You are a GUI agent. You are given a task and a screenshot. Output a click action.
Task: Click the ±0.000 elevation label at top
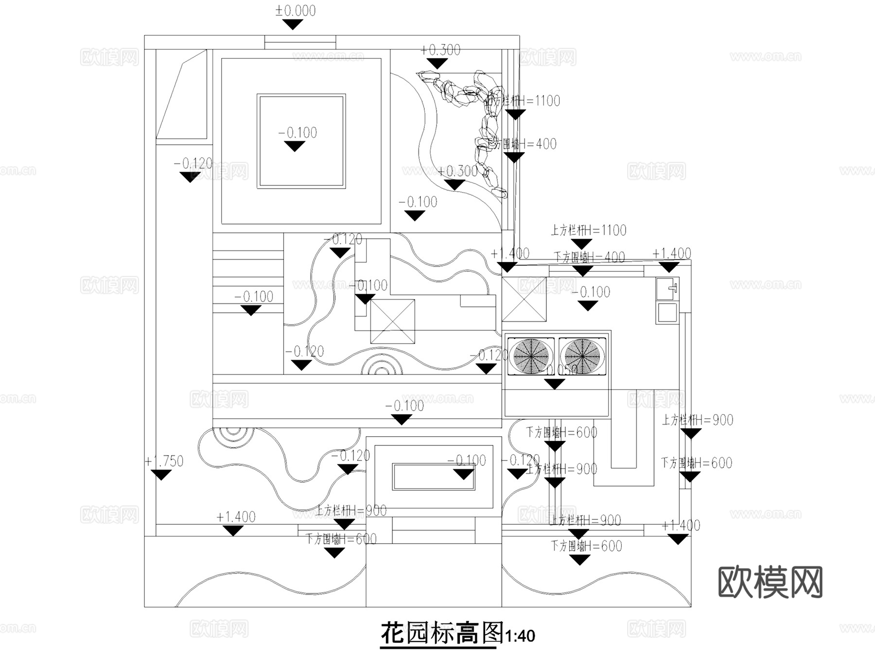click(x=295, y=11)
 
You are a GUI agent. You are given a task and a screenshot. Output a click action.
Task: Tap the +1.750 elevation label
click(x=164, y=461)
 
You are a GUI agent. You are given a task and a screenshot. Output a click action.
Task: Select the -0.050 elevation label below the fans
click(x=559, y=370)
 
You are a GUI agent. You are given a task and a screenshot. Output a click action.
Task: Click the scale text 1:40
click(x=520, y=636)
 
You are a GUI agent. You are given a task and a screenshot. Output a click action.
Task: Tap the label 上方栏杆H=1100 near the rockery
click(x=524, y=101)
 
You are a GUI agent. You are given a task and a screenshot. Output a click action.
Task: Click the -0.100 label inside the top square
click(x=297, y=133)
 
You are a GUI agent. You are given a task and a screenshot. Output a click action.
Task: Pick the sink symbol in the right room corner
click(x=667, y=289)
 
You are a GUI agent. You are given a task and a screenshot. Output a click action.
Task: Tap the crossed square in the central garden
click(x=392, y=321)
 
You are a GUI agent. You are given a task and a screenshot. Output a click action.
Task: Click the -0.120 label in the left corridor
click(x=193, y=163)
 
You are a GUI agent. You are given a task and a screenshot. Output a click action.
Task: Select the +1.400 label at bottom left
click(x=236, y=517)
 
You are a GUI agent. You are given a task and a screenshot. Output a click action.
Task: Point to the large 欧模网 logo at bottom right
click(x=770, y=582)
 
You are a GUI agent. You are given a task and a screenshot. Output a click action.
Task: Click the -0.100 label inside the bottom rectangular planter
click(x=467, y=460)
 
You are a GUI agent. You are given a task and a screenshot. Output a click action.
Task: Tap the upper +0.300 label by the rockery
click(x=440, y=50)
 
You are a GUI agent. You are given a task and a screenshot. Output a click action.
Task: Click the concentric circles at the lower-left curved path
click(x=233, y=433)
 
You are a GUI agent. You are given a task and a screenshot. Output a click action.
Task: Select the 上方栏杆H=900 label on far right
click(x=698, y=420)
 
